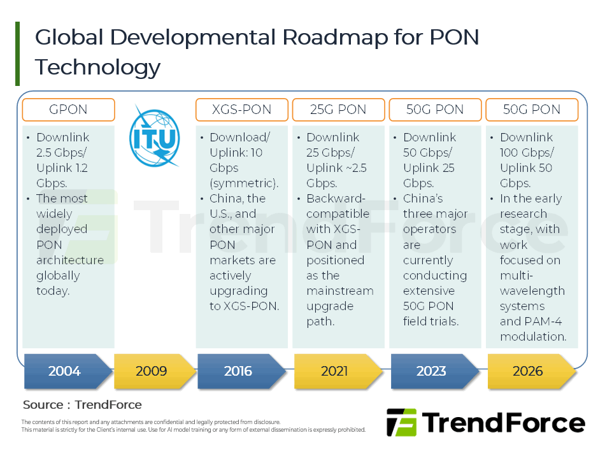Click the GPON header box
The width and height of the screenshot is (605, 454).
[68, 110]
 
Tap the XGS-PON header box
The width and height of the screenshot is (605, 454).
[241, 110]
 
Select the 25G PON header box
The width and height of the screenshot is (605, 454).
[338, 110]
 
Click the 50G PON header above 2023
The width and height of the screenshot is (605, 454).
[435, 110]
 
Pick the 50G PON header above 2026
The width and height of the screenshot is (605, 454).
[532, 110]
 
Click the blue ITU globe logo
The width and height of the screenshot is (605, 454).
[153, 136]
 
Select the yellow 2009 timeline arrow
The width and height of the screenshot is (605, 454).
[153, 371]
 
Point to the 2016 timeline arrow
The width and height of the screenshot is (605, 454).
[239, 371]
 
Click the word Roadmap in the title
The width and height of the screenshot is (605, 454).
[334, 38]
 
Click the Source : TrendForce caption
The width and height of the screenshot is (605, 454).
[82, 405]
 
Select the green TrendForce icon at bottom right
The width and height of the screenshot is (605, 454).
[401, 422]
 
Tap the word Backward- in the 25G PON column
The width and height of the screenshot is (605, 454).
[338, 199]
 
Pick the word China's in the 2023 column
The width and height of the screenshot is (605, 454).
[423, 199]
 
